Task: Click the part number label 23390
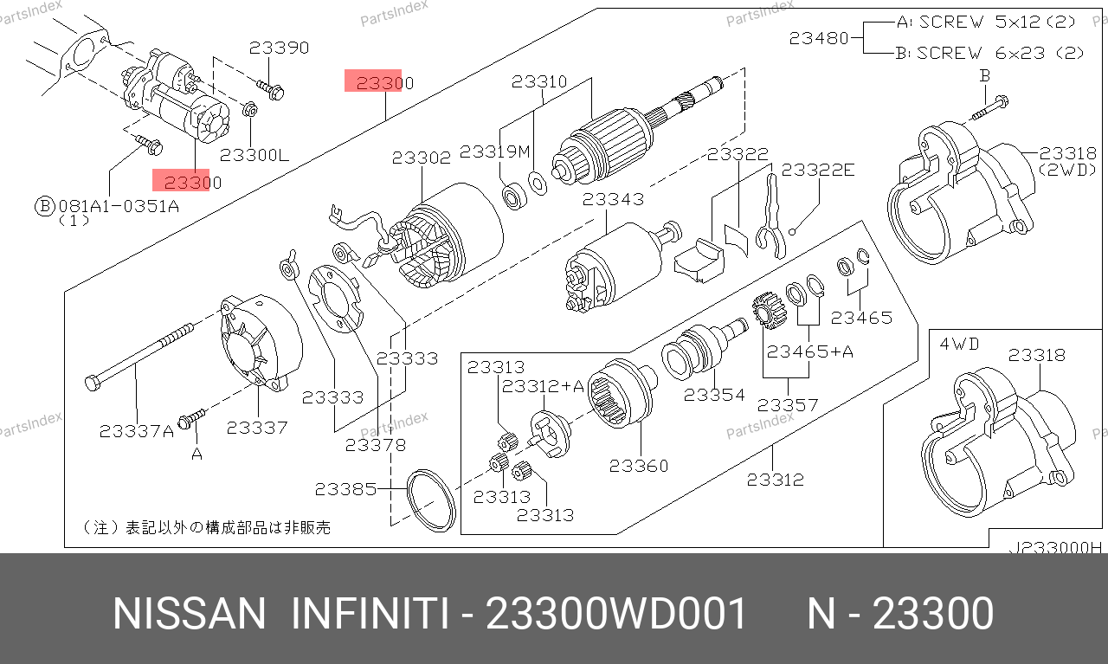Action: pos(279,48)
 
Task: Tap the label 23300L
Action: pos(254,155)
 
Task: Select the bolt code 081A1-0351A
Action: pos(119,205)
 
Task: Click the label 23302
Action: pos(422,158)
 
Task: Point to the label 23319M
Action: pos(494,151)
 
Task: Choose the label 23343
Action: pos(614,199)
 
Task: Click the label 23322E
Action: pos(818,171)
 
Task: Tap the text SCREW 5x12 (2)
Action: pos(997,22)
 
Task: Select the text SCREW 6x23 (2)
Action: pos(1000,53)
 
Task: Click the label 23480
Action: pos(819,38)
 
